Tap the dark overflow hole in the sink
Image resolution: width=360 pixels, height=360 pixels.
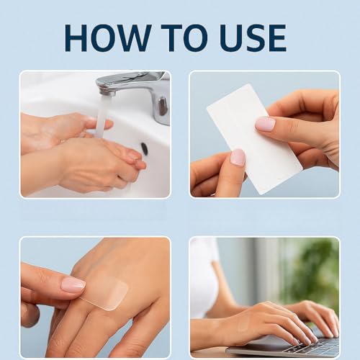[145, 148]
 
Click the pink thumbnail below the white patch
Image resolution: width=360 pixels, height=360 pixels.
[237, 158]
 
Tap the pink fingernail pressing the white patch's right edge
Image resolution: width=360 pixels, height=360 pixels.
[265, 124]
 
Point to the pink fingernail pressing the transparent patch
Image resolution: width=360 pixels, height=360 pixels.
[73, 284]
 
